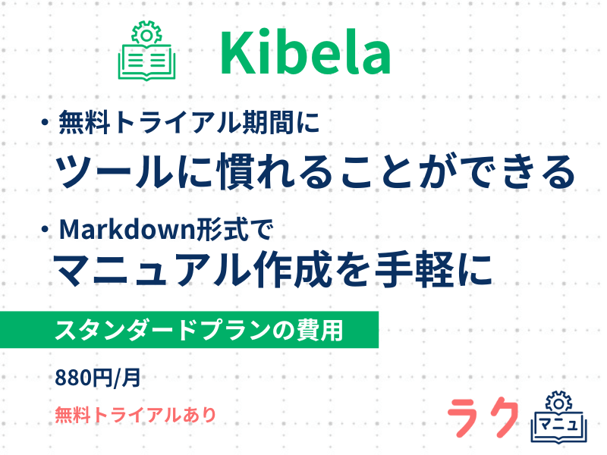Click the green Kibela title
(306, 52)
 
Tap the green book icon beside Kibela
(146, 51)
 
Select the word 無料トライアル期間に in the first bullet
(189, 123)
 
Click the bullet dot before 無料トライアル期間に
(46, 123)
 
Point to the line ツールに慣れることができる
(315, 171)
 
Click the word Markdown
(127, 230)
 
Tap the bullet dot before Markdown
(46, 230)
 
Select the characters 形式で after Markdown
(235, 230)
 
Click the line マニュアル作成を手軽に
(273, 269)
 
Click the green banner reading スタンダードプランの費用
(189, 330)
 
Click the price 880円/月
(98, 378)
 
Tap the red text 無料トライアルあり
(136, 415)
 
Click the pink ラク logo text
(483, 417)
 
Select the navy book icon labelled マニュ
(559, 416)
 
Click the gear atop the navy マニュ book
(558, 403)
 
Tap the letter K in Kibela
(237, 52)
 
